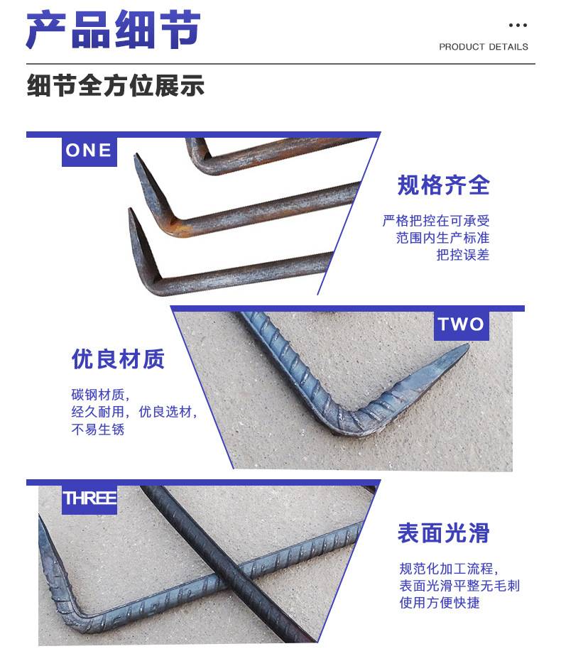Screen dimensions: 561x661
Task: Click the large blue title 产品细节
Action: point(113,30)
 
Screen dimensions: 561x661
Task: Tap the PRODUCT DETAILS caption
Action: point(484,47)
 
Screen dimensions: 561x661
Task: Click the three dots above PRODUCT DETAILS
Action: point(518,26)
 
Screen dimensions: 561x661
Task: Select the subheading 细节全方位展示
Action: point(116,86)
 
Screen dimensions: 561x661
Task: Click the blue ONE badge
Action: point(89,151)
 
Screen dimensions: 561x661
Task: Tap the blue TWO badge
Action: point(461,324)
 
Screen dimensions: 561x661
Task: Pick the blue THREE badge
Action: point(89,498)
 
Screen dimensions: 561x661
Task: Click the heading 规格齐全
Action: point(443,185)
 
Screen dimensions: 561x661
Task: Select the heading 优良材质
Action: point(118,359)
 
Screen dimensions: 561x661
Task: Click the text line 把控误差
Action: point(463,255)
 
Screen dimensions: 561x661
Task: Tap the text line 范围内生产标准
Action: point(442,238)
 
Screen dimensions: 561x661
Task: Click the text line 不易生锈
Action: point(98,429)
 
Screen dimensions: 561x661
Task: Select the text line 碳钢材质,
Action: point(100,395)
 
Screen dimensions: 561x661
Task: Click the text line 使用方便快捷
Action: point(440,602)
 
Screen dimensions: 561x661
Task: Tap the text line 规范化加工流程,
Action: point(449,568)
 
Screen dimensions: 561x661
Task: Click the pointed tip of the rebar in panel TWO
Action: point(467,346)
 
